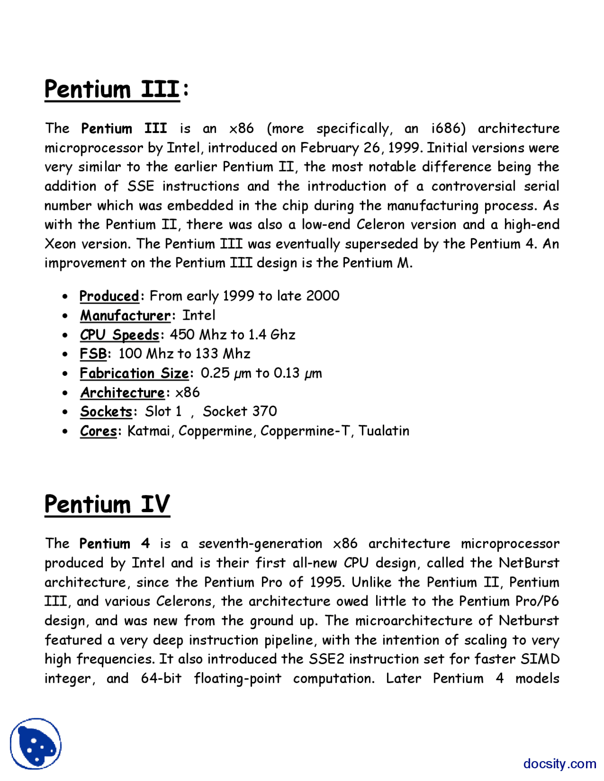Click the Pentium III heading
[x=112, y=90]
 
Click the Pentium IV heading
[x=107, y=504]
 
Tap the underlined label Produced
[x=109, y=296]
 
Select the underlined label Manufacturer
[x=125, y=316]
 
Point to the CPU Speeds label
[x=119, y=335]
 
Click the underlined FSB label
[x=93, y=354]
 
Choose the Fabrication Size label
[x=134, y=373]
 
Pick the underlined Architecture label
[x=122, y=392]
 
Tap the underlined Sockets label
[x=106, y=412]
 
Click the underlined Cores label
[x=98, y=431]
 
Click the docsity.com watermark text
[x=560, y=763]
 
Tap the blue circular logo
[x=36, y=744]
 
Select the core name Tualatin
[x=384, y=431]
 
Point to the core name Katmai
[x=149, y=431]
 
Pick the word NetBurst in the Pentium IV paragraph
[x=529, y=563]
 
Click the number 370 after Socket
[x=265, y=412]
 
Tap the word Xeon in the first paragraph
[x=60, y=244]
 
